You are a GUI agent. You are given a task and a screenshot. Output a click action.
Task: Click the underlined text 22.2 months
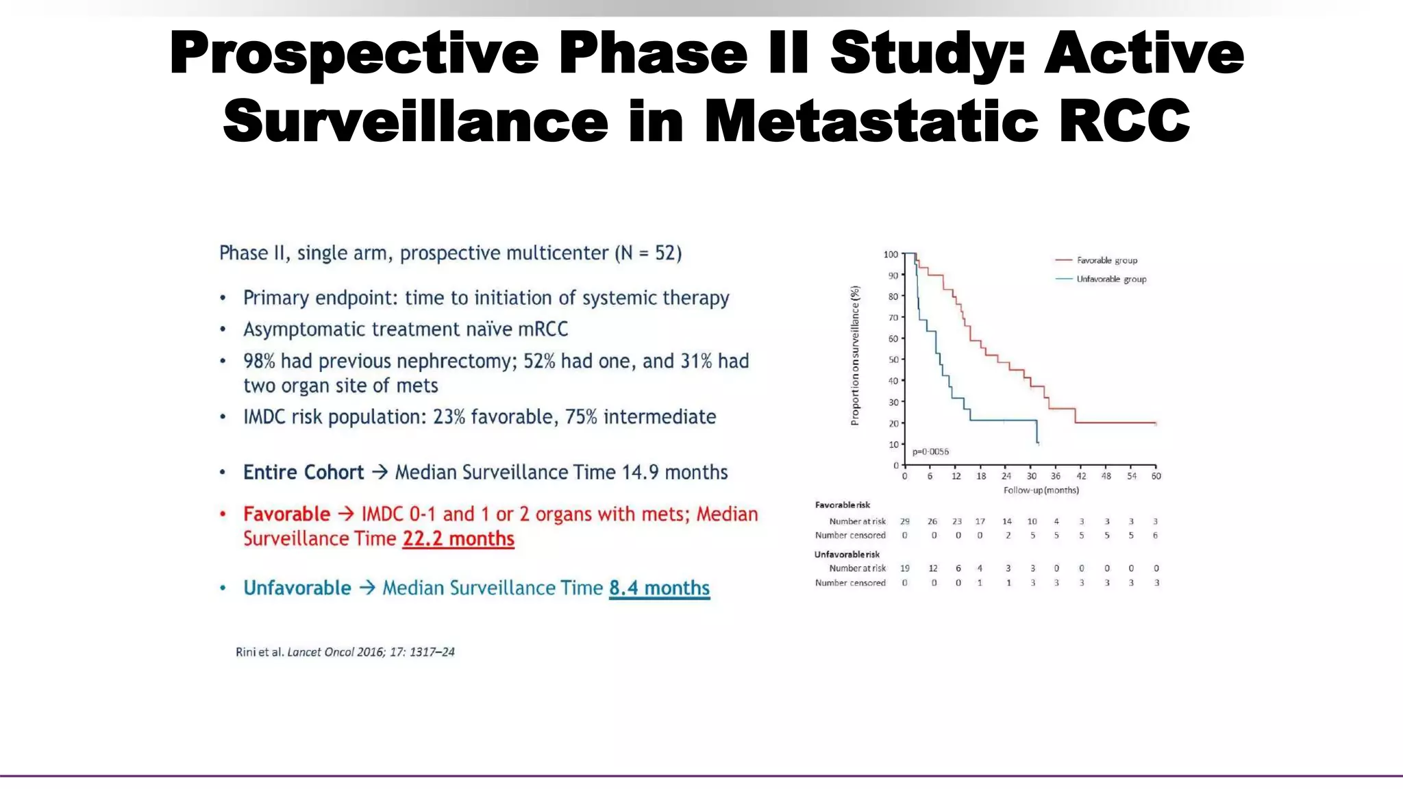(x=458, y=539)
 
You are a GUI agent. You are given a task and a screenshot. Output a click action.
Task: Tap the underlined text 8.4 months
(x=659, y=588)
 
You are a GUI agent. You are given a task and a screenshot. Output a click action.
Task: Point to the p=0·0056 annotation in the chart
(x=930, y=452)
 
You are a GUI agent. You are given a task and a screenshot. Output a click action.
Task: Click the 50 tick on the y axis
(x=893, y=360)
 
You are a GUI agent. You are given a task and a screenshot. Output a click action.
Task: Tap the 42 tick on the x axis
(x=1081, y=476)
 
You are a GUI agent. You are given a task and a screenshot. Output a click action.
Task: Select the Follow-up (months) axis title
(x=1041, y=490)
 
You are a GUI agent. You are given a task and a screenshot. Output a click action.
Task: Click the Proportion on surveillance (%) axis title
(x=854, y=355)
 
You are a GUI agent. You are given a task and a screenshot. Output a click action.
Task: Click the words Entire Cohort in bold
(x=303, y=473)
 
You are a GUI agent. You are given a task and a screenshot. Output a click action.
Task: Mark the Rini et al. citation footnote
(x=345, y=652)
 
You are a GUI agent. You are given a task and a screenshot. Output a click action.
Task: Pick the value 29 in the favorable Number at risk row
(x=905, y=521)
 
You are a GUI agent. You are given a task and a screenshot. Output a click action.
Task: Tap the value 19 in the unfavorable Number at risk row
(x=905, y=568)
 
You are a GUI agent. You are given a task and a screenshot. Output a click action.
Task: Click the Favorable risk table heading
(x=842, y=505)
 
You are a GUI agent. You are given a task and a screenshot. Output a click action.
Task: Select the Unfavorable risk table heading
(x=847, y=554)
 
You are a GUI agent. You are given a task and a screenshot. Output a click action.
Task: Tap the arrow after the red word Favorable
(x=346, y=514)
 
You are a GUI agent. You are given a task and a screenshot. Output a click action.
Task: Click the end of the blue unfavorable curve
(x=1038, y=444)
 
